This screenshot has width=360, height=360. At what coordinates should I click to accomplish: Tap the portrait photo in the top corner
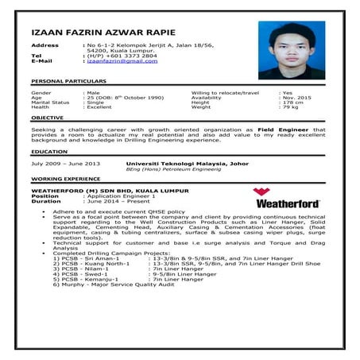[291, 49]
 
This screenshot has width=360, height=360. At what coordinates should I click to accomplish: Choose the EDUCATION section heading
[48, 151]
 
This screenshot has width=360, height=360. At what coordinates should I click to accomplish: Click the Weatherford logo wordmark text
[286, 203]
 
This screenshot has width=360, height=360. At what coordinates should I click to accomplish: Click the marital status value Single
[95, 103]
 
